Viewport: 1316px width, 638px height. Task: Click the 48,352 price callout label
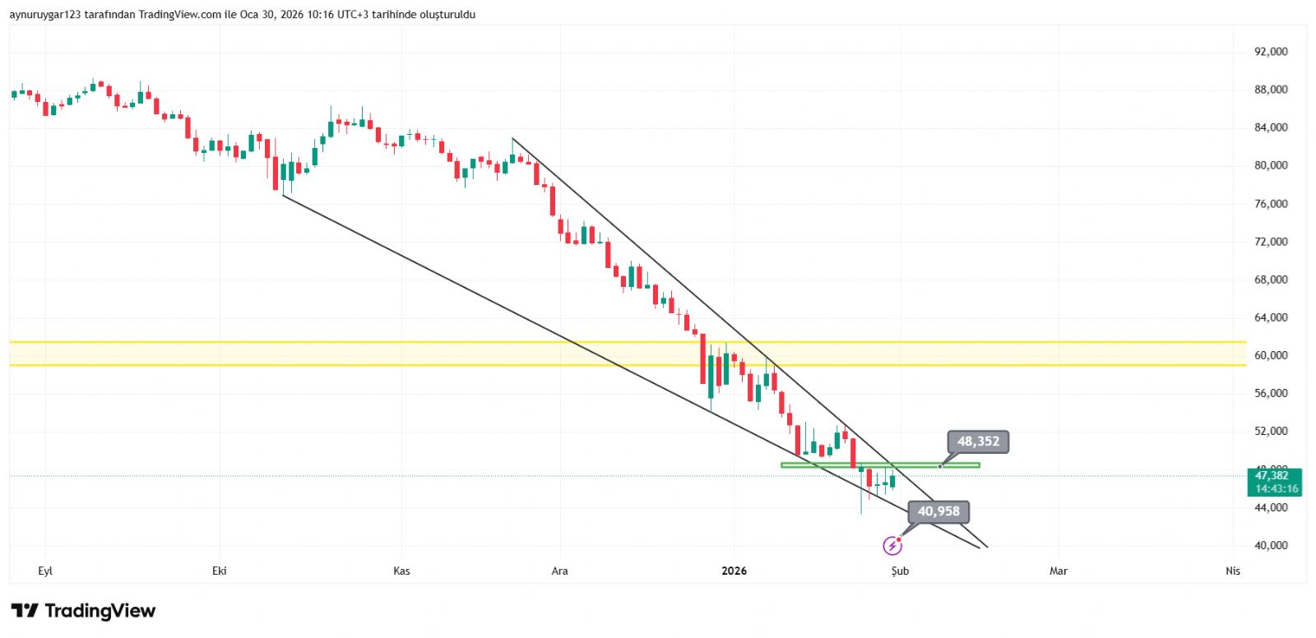(978, 442)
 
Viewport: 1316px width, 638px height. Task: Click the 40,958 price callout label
(938, 511)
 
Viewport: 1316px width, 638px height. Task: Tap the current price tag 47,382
(1272, 476)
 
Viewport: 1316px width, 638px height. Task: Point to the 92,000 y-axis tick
(1271, 52)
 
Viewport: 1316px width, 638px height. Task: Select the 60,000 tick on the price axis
(1271, 355)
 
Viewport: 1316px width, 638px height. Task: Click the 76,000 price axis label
(1271, 204)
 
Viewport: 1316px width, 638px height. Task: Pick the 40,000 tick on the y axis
(1271, 545)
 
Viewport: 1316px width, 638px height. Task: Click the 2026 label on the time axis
(734, 571)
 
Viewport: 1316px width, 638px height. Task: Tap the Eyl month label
(45, 571)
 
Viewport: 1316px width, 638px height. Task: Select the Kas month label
(401, 571)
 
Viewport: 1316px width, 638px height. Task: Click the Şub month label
(900, 571)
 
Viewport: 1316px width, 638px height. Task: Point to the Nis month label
(1232, 571)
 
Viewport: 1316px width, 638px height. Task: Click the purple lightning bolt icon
(892, 545)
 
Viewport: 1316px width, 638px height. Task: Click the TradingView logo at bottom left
(83, 611)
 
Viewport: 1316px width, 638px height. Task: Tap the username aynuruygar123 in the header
(45, 15)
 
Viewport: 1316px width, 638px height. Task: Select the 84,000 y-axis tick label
(1271, 127)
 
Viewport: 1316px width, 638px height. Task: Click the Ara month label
(559, 571)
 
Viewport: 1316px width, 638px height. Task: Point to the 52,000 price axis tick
(1271, 431)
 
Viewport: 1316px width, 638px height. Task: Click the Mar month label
(1058, 571)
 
